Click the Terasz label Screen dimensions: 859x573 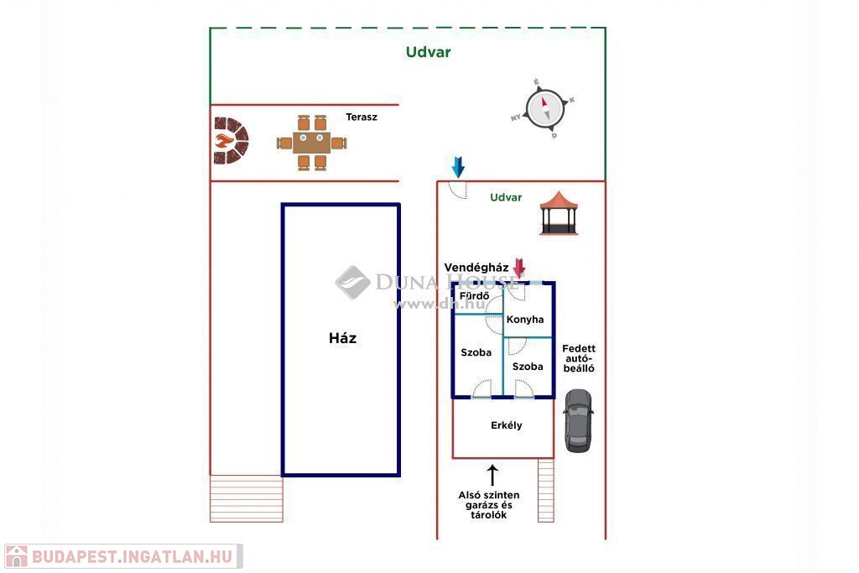click(362, 117)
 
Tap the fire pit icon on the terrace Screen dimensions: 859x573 click(231, 141)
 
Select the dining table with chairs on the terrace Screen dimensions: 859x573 click(311, 143)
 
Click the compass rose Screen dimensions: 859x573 click(544, 109)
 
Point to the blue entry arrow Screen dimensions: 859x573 click(458, 167)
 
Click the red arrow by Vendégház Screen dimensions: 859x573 click(518, 268)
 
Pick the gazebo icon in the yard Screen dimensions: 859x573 click(559, 213)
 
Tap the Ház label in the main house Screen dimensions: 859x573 click(343, 338)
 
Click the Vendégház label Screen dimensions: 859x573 click(476, 268)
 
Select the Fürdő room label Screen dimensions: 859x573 click(475, 296)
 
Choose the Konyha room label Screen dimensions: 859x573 click(525, 320)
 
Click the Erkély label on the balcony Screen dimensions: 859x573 click(506, 425)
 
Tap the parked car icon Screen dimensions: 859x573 click(578, 420)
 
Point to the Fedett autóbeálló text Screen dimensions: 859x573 click(579, 358)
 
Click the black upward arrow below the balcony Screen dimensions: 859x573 click(492, 476)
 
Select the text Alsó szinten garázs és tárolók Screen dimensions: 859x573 click(489, 505)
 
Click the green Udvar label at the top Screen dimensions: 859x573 click(429, 52)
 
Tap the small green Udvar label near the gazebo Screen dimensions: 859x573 click(506, 197)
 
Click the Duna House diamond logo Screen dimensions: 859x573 click(353, 283)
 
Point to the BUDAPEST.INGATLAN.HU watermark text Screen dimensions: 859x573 click(133, 556)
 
